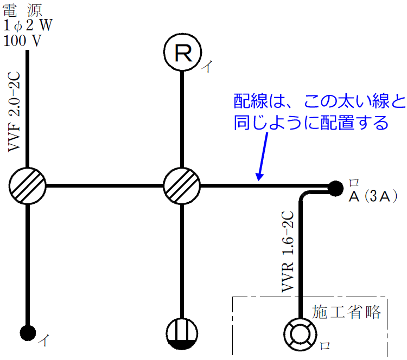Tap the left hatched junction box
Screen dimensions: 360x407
(x=27, y=186)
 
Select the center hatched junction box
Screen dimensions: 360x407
(x=182, y=186)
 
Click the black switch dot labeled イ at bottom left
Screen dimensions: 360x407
(x=27, y=331)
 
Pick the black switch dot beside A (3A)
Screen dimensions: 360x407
(x=336, y=188)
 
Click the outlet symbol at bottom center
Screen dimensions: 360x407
(x=182, y=332)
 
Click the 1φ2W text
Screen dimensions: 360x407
(x=28, y=25)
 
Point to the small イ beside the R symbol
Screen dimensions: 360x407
(x=207, y=67)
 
